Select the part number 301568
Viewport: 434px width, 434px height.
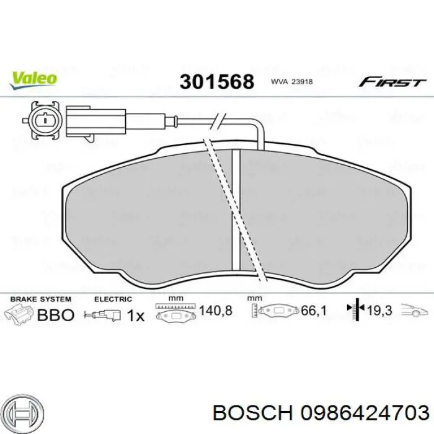click(217, 81)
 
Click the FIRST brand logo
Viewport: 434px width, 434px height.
click(392, 82)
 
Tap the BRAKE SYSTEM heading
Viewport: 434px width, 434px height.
click(38, 299)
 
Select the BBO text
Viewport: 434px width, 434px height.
click(56, 315)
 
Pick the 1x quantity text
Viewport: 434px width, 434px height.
click(135, 316)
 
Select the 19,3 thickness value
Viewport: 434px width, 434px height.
click(380, 311)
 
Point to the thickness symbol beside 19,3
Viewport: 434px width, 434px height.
click(356, 310)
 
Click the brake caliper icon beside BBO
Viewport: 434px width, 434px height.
click(19, 314)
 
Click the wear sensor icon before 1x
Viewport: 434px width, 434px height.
click(107, 315)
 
